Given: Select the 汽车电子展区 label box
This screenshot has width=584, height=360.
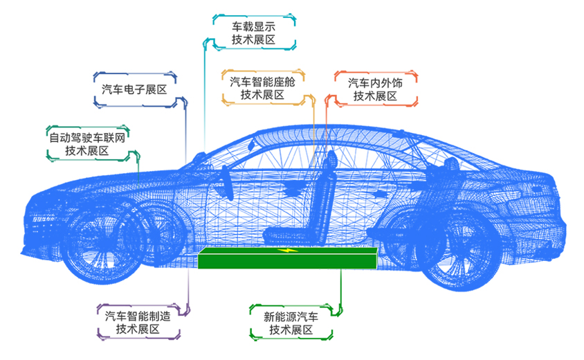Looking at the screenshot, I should [x=134, y=89].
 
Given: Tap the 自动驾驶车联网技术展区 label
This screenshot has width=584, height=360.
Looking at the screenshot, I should [x=89, y=143].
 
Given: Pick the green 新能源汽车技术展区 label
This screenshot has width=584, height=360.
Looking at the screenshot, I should [x=291, y=323].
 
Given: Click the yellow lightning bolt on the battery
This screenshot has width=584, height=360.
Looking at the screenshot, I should [x=285, y=250].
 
